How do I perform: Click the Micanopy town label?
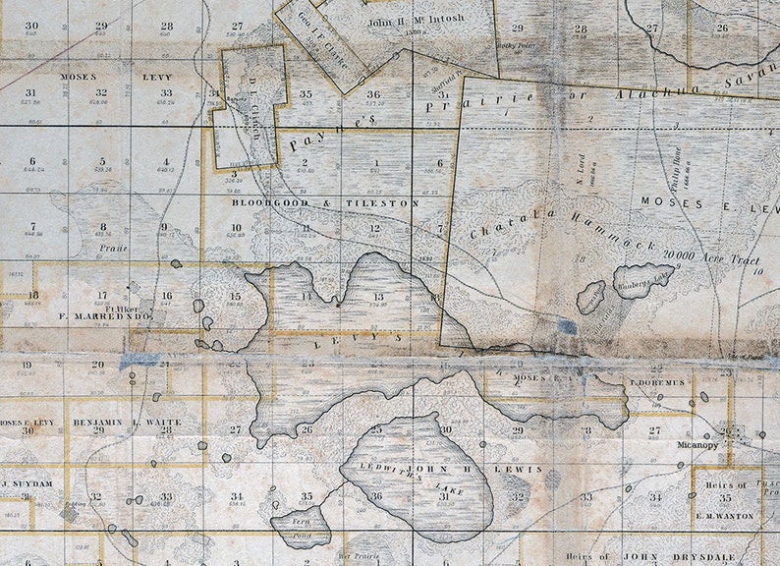click(697, 444)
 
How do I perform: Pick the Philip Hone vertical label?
click(677, 169)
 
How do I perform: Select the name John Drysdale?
click(688, 558)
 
